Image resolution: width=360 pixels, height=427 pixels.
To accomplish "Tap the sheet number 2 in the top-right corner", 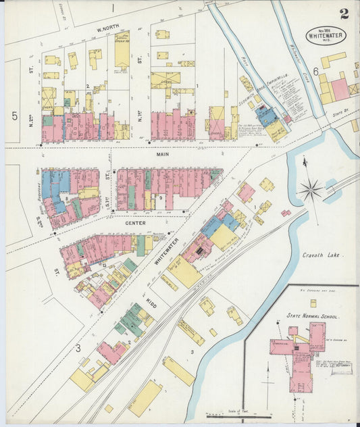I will click(x=344, y=13).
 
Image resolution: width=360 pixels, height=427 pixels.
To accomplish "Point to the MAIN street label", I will click(x=162, y=154).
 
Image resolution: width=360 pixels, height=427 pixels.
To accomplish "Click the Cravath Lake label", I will click(x=324, y=255).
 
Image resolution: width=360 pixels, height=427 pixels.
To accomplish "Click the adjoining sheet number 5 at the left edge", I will click(x=14, y=116).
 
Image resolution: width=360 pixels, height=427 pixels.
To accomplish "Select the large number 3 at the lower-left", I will click(x=78, y=348).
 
